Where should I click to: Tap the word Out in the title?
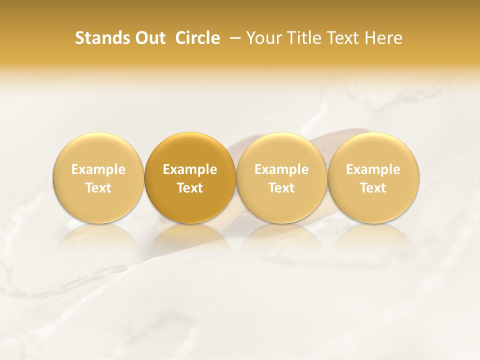coord(149,38)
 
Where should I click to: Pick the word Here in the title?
coord(382,38)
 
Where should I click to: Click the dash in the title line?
coord(234,38)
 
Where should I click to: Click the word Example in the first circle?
coord(98,169)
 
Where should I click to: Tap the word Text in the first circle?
coord(98,188)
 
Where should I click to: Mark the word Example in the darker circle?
coord(190,169)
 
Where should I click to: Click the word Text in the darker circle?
coord(190,188)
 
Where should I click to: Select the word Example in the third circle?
coord(281,169)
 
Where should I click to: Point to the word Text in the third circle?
coord(281,188)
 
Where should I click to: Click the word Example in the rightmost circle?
coord(373,169)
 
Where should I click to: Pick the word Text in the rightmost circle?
coord(373,188)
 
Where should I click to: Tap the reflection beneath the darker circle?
coord(190,237)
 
